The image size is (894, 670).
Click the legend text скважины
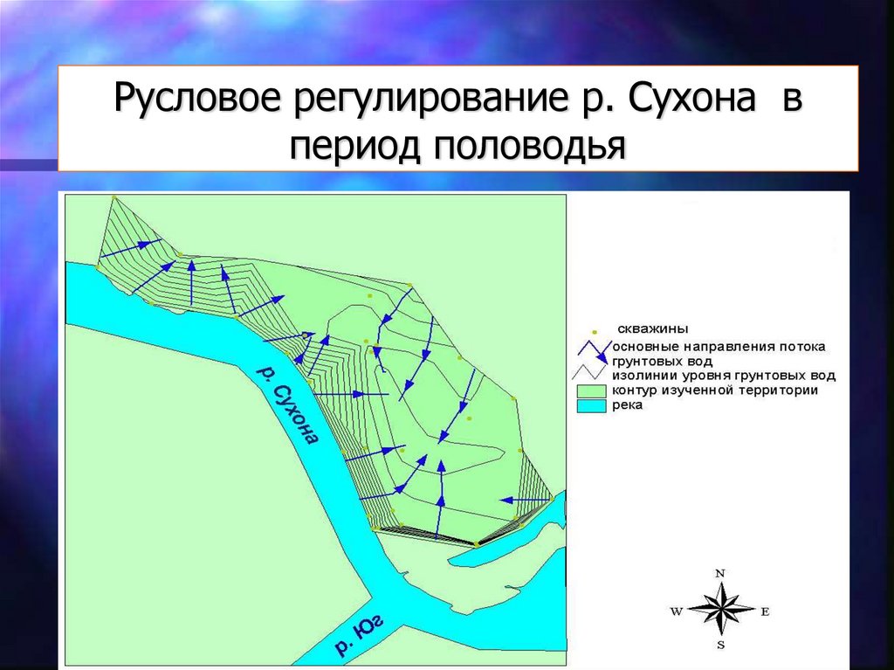click(653, 328)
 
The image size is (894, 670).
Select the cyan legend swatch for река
click(591, 406)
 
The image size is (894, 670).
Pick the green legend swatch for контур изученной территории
click(591, 391)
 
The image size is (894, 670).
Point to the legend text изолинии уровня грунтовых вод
click(724, 376)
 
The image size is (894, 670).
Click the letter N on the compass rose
click(720, 574)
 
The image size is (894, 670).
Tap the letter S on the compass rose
click(720, 646)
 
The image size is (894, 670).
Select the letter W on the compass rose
click(677, 611)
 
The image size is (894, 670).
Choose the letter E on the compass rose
click(765, 611)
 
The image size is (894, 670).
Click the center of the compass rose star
click(720, 610)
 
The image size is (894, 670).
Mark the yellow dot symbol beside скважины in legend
click(594, 331)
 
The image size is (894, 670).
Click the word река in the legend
click(627, 405)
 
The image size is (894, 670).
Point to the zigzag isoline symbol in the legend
click(589, 373)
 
